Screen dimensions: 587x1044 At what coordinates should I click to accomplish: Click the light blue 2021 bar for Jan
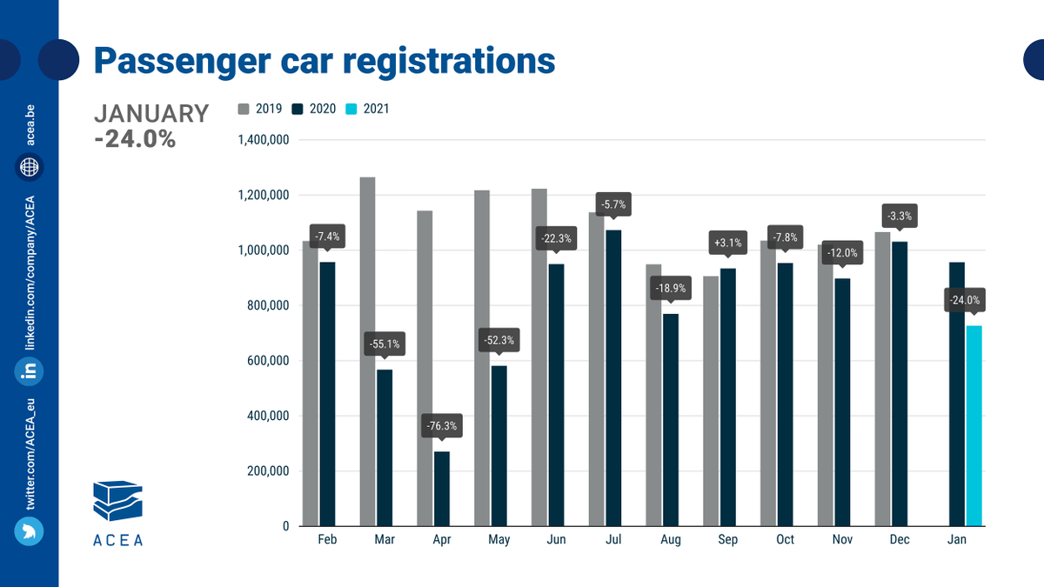pyautogui.click(x=974, y=426)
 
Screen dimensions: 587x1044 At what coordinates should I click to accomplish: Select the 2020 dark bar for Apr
pyautogui.click(x=442, y=489)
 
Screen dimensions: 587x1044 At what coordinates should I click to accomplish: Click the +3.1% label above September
pyautogui.click(x=728, y=243)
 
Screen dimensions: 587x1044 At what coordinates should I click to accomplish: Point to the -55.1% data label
pyautogui.click(x=385, y=344)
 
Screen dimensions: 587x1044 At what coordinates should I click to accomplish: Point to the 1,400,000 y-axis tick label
pyautogui.click(x=263, y=140)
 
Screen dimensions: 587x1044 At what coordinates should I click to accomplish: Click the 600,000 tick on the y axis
pyautogui.click(x=266, y=361)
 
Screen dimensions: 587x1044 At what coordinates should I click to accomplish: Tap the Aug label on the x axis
pyautogui.click(x=671, y=540)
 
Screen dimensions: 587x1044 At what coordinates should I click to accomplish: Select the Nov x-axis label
pyautogui.click(x=842, y=540)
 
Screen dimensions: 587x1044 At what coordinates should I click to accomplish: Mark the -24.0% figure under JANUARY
pyautogui.click(x=135, y=138)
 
